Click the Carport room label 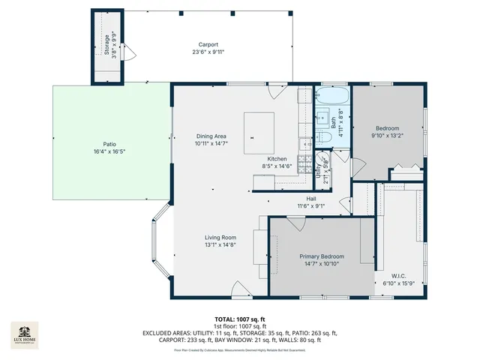[208, 44]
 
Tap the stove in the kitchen [305, 166]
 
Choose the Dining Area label [211, 136]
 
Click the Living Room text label [220, 238]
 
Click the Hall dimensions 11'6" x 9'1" [310, 205]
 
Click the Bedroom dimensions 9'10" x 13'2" [387, 136]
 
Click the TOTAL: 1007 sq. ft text [239, 319]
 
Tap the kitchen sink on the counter [305, 145]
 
